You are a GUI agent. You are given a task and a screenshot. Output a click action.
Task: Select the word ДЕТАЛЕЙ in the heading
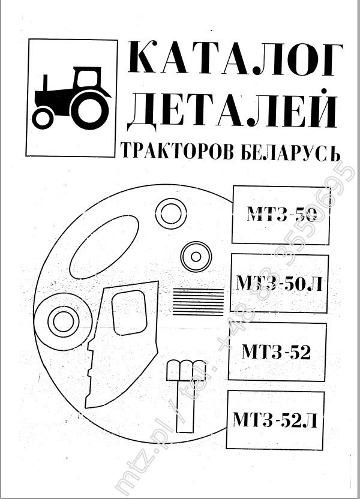[x=230, y=110]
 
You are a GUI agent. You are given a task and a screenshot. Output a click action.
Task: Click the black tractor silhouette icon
[x=72, y=98]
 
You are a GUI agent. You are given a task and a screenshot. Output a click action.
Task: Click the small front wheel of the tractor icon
[x=43, y=118]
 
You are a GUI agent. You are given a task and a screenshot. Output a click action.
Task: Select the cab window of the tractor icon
[x=88, y=78]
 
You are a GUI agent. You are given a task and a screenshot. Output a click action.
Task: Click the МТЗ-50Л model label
[x=280, y=283]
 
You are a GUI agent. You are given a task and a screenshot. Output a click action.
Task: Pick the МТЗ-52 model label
[x=277, y=351]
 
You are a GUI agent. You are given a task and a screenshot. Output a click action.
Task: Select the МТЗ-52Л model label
[x=275, y=418]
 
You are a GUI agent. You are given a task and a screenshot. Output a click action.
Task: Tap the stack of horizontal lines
[x=198, y=300]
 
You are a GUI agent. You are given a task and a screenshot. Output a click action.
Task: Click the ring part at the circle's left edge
[x=62, y=321]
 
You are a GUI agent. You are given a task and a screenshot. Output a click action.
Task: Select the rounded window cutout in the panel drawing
[x=129, y=312]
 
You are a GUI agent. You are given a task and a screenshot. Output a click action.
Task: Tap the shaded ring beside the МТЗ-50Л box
[x=196, y=257]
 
